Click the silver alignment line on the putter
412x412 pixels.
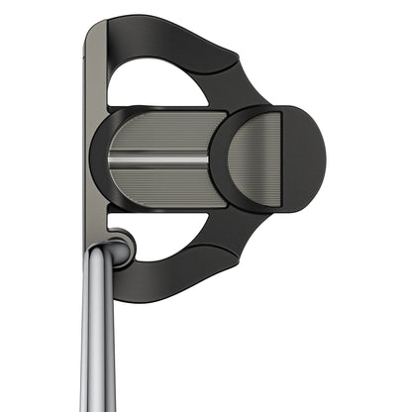click(x=158, y=158)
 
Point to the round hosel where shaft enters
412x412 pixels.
click(x=119, y=249)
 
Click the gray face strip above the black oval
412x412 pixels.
click(x=95, y=79)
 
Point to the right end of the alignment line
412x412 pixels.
click(x=207, y=158)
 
